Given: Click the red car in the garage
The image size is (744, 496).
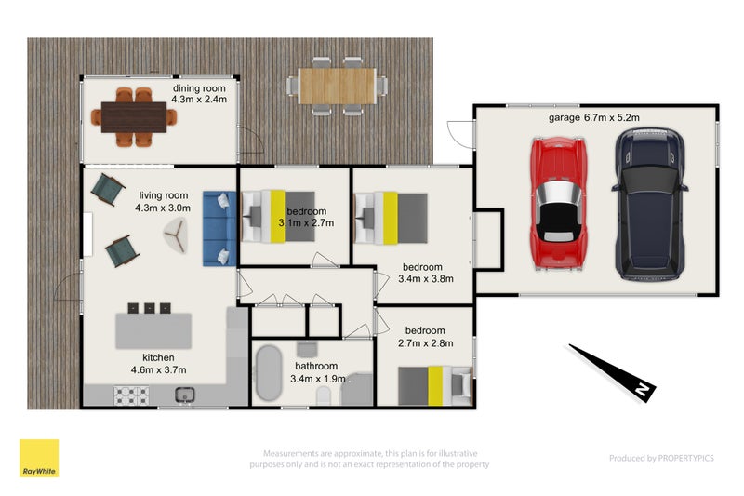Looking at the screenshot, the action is click(559, 204).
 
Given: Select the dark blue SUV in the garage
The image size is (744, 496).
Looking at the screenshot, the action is click(650, 203).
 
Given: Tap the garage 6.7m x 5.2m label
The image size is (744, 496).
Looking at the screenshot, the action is click(593, 117).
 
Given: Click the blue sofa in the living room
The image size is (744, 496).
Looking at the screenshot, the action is click(219, 228).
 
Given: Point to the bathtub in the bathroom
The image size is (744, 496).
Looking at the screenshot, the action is click(269, 373).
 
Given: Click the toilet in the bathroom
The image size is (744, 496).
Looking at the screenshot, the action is click(324, 395).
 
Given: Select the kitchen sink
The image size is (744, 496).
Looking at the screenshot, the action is click(184, 395).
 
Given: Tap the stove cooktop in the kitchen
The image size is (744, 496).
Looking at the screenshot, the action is click(131, 395).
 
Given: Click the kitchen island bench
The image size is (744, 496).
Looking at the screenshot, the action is click(153, 331).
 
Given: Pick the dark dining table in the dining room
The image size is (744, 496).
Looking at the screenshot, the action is click(134, 117).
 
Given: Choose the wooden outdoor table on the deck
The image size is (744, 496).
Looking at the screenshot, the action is click(338, 86).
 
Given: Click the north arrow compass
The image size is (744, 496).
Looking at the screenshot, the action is click(612, 372).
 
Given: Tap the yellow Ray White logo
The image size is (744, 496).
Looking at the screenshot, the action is click(39, 458).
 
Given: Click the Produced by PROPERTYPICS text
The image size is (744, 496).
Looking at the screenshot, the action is click(661, 458).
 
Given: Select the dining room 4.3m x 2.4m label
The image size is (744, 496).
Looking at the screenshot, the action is click(199, 94).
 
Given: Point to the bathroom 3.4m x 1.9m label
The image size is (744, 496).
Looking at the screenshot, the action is click(317, 372).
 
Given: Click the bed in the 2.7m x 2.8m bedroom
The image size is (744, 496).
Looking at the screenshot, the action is click(435, 386).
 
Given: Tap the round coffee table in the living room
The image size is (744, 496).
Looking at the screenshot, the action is click(176, 235).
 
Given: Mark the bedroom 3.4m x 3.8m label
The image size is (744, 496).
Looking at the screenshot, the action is click(425, 273).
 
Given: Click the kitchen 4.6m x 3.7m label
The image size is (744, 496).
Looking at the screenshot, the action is click(158, 364).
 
